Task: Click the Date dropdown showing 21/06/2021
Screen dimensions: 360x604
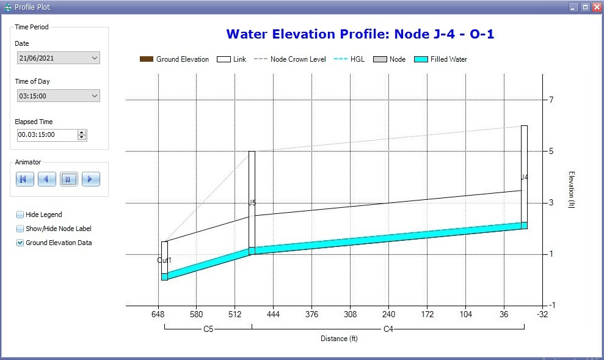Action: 58,58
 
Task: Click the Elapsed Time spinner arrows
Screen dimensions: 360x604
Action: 82,134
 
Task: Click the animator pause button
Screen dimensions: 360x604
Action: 68,179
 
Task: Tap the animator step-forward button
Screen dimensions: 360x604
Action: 90,179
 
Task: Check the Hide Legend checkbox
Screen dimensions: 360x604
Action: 20,215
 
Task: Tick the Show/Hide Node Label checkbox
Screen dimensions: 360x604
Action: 20,229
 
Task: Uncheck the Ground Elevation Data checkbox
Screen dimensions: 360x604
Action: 20,243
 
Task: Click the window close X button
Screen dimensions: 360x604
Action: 596,7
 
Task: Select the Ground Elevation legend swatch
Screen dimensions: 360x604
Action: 147,59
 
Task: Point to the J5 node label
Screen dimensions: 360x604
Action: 252,202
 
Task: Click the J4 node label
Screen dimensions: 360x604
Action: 524,177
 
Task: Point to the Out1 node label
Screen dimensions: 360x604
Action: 164,260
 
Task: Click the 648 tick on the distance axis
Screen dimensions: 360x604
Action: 158,314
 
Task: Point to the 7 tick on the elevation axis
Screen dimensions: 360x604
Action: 551,100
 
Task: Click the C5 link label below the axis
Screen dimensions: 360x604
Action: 208,329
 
